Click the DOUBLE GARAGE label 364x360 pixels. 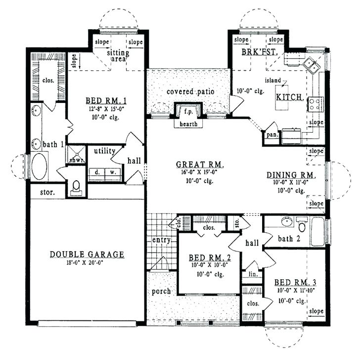coord(87,255)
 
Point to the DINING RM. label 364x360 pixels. coord(295,175)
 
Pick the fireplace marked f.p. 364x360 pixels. coord(188,112)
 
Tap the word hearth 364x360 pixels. coord(188,124)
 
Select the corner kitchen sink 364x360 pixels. coord(311,65)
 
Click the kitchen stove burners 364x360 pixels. coord(315,104)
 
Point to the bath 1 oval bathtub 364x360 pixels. coord(39,166)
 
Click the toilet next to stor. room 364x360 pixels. coord(76,187)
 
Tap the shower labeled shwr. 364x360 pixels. coord(76,155)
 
